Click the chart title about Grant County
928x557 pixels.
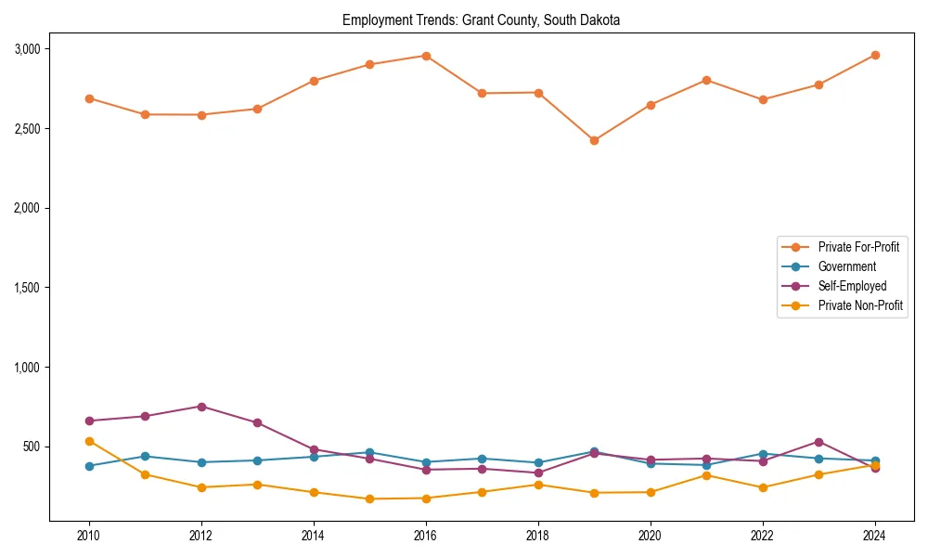point(481,19)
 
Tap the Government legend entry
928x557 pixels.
point(846,266)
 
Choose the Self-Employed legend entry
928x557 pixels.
point(852,286)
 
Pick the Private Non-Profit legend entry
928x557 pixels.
point(860,305)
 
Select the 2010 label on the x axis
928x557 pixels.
point(89,537)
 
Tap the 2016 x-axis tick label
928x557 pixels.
point(425,537)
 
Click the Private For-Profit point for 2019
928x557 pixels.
point(594,141)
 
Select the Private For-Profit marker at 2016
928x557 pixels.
point(425,56)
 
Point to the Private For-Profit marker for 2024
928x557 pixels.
point(875,55)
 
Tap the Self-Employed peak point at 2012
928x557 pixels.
point(201,407)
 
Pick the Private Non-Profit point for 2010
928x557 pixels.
point(89,441)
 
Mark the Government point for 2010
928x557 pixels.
point(89,466)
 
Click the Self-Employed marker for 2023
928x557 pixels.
point(818,442)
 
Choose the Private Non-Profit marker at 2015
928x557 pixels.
point(369,499)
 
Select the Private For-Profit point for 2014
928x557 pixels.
point(314,81)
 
